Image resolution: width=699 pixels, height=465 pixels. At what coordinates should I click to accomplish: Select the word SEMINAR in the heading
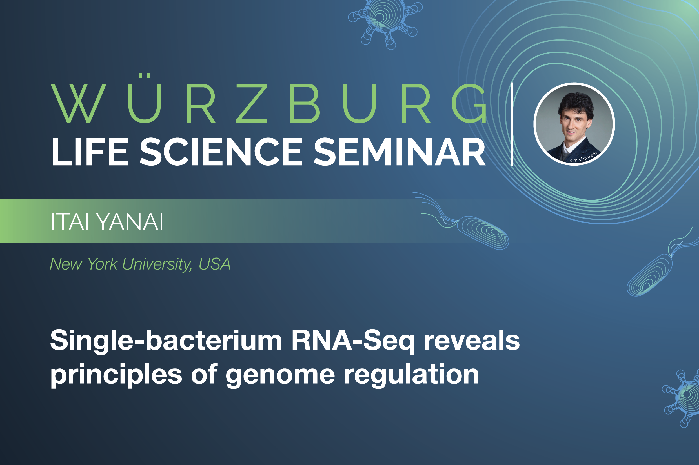click(x=400, y=152)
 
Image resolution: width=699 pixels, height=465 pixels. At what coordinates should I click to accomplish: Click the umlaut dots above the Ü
click(x=145, y=75)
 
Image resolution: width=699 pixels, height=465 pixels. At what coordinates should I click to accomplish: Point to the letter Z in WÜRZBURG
click(x=252, y=103)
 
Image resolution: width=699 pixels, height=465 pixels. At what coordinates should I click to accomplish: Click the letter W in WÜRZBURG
click(x=78, y=103)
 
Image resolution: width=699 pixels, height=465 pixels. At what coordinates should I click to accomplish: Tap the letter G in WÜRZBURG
click(x=469, y=103)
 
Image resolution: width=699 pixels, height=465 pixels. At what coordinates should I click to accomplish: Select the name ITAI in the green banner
click(x=70, y=222)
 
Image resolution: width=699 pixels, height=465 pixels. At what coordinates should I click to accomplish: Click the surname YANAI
click(x=130, y=222)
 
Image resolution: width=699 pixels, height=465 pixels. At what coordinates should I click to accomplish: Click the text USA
click(x=214, y=264)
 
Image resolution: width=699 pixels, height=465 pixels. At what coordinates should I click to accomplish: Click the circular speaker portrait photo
click(x=574, y=124)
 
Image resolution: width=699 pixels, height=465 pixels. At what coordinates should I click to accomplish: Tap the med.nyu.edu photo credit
click(x=584, y=157)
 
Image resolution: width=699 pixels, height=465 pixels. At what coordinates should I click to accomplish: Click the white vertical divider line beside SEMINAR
click(x=512, y=124)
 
